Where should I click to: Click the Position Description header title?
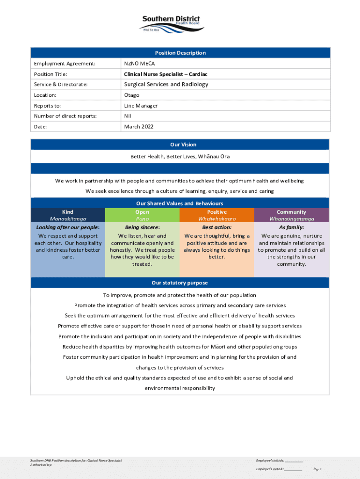(180, 53)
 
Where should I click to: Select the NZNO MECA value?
(139, 64)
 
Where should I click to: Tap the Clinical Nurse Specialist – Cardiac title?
(166, 74)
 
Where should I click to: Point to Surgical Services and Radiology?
(166, 85)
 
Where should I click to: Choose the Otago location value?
(131, 95)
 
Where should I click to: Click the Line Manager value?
(141, 106)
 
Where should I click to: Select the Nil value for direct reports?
(127, 116)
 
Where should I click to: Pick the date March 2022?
(138, 127)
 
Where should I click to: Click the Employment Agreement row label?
(65, 64)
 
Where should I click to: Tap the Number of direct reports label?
(65, 116)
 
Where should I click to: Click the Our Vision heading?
(180, 145)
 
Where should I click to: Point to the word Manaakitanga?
(68, 219)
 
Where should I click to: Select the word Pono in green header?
(142, 219)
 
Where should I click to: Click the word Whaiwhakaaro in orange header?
(217, 219)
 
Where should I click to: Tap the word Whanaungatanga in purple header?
(291, 219)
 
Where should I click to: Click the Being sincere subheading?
(142, 227)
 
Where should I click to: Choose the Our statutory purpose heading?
(180, 283)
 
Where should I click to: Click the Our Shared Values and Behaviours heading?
(180, 203)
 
